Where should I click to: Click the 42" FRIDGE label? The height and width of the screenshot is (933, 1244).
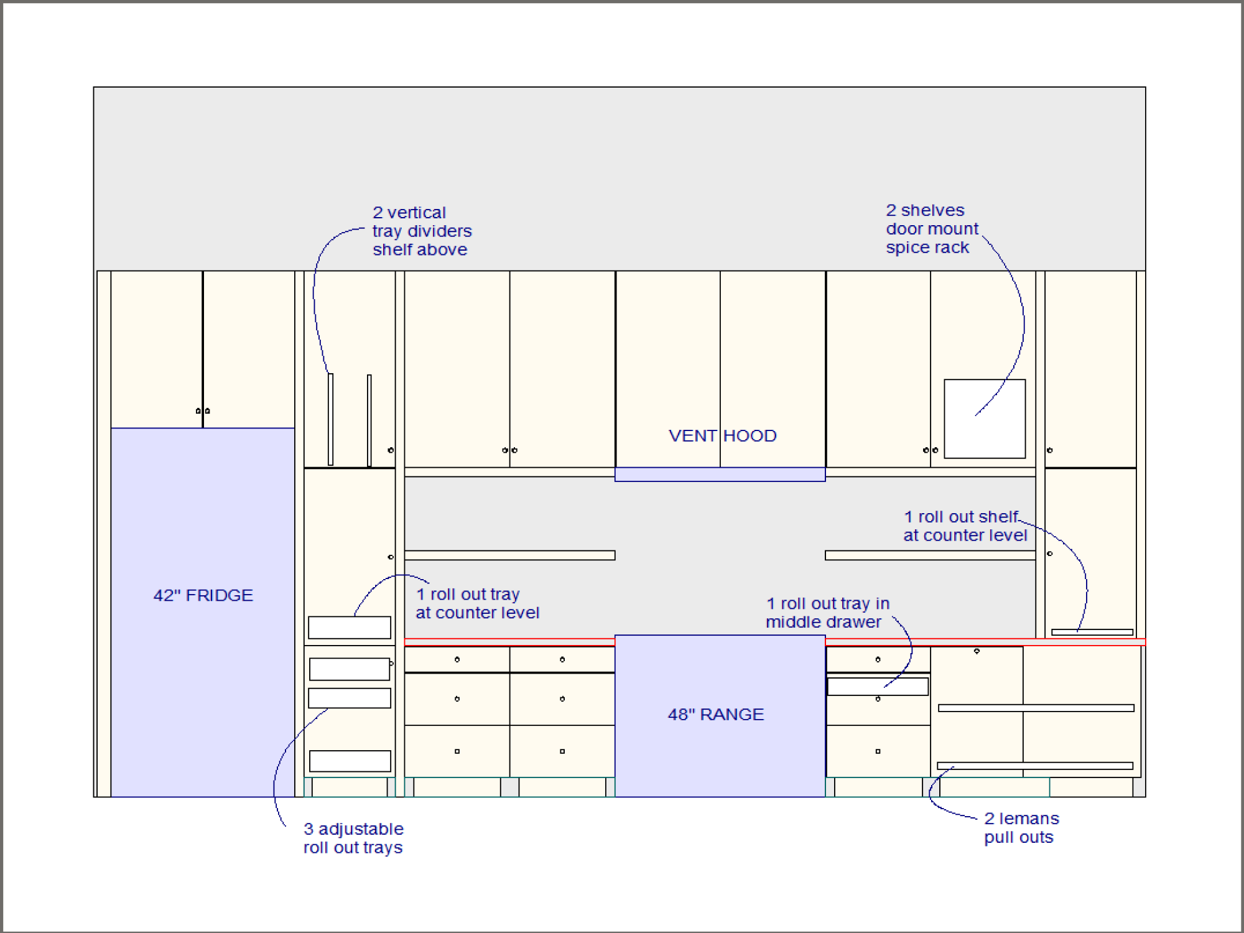(203, 595)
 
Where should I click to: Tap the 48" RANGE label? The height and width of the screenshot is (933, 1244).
(716, 714)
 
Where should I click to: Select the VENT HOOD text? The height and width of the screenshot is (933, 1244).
(723, 435)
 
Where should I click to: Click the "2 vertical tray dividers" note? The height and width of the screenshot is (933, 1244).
(422, 231)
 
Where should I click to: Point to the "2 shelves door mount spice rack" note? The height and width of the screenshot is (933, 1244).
(932, 229)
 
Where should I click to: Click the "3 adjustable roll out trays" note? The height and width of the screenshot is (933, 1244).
(353, 838)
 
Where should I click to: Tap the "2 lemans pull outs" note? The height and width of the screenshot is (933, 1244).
(1021, 827)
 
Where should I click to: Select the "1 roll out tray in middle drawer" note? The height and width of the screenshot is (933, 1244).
(827, 613)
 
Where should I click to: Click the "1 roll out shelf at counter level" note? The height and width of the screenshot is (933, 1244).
(965, 526)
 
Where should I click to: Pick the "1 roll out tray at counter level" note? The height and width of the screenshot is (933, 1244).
(477, 603)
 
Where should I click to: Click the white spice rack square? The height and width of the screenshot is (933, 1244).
(985, 419)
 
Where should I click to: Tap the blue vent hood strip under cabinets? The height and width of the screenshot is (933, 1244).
(720, 475)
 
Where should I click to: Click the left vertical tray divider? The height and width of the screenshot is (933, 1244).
(331, 419)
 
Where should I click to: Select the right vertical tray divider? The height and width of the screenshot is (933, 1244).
(369, 420)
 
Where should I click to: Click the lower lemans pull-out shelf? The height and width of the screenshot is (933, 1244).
(1035, 766)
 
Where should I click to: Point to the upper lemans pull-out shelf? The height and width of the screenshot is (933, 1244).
(1036, 708)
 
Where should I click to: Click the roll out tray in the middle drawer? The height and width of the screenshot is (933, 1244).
(878, 687)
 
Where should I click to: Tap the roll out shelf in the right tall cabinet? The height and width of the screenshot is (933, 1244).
(1092, 632)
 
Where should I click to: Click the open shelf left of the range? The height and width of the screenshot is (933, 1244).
(509, 555)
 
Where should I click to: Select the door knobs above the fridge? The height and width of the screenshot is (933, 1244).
(203, 411)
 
